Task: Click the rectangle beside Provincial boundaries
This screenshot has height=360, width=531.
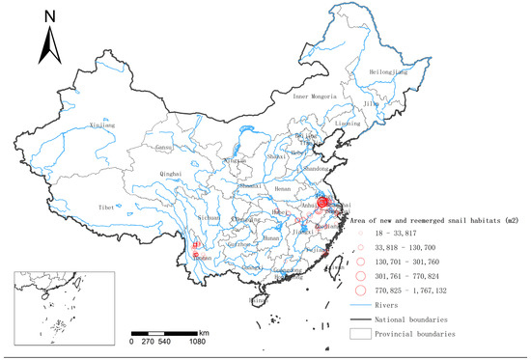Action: click(x=363, y=333)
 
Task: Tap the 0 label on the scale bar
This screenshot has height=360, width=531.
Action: click(x=132, y=341)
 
